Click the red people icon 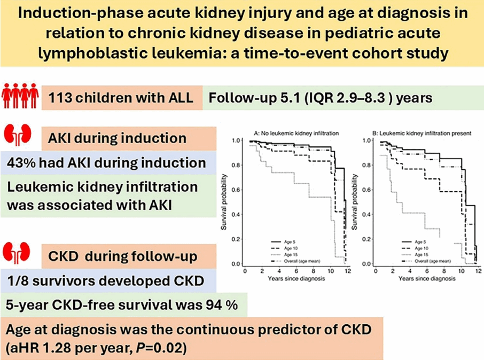pyautogui.click(x=20, y=96)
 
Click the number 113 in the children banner pyautogui.click(x=60, y=98)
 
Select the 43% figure pyautogui.click(x=21, y=163)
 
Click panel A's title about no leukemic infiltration pyautogui.click(x=296, y=134)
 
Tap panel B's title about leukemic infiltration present pyautogui.click(x=422, y=134)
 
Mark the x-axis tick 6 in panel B pyautogui.click(x=427, y=271)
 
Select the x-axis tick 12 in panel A pyautogui.click(x=348, y=271)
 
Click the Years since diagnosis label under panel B pyautogui.click(x=427, y=278)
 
